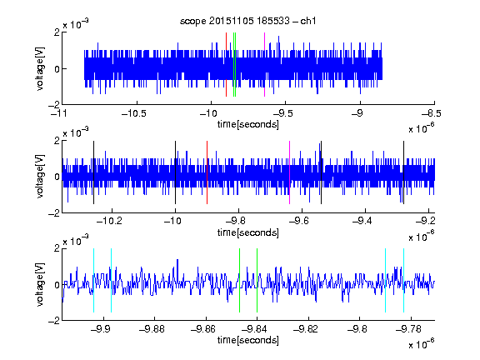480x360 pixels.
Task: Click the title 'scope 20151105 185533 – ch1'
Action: pos(247,21)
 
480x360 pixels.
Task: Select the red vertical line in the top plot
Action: pos(226,65)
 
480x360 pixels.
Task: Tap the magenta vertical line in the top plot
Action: pos(264,65)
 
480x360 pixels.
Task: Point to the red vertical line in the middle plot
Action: pos(207,172)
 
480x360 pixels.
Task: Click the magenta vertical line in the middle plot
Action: pos(290,172)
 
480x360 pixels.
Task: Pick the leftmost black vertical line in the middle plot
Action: pos(93,172)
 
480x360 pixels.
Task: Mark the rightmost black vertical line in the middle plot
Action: pos(404,172)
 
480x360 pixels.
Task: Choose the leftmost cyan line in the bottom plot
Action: pos(93,280)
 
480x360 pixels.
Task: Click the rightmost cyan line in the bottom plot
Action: pos(404,280)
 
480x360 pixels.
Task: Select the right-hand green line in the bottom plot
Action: pos(257,280)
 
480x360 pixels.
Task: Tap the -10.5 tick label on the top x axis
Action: pos(134,113)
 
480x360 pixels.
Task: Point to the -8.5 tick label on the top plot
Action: pos(432,113)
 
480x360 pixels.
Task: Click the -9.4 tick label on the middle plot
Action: pos(362,220)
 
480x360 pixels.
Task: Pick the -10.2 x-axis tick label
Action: pos(109,220)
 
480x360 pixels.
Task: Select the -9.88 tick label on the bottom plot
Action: pos(152,329)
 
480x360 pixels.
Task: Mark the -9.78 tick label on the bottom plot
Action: pos(408,329)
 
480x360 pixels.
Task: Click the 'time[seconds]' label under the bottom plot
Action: pos(248,340)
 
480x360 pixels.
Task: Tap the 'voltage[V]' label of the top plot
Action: pos(40,68)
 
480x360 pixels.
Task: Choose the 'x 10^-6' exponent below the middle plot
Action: pos(422,236)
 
